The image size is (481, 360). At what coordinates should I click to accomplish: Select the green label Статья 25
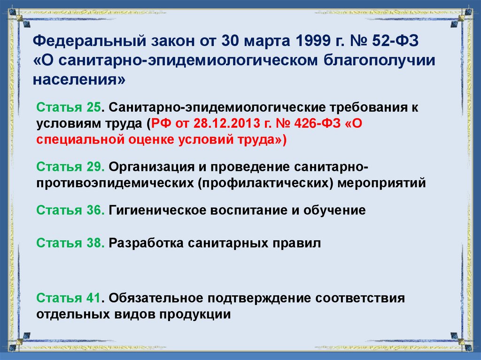[x=69, y=107]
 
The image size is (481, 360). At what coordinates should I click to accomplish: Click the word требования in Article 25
[x=358, y=107]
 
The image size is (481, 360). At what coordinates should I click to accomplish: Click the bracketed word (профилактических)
[x=267, y=183]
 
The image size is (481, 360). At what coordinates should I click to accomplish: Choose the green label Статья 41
[x=69, y=298]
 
